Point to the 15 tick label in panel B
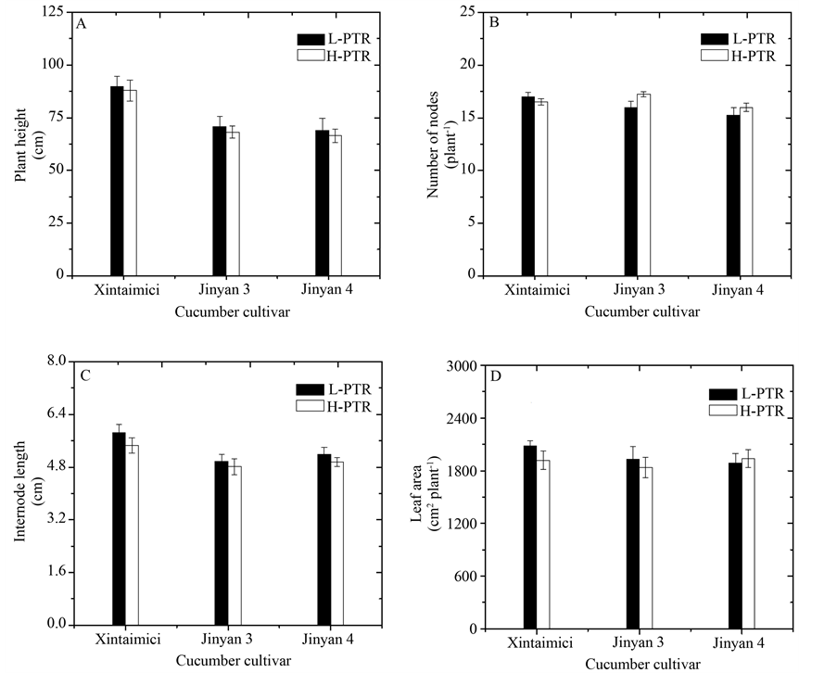468,118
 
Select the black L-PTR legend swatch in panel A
308,39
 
